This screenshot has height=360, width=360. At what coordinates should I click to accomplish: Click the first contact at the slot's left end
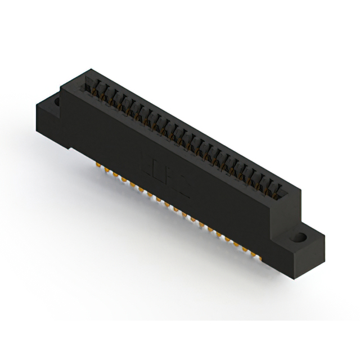click(x=89, y=86)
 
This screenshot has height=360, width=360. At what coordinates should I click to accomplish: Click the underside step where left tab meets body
click(x=70, y=147)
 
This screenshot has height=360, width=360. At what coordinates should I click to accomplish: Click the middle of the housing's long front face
click(x=169, y=180)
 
